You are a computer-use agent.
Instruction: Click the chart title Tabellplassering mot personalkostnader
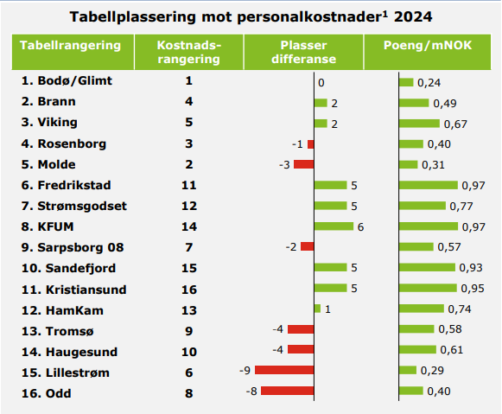(251, 16)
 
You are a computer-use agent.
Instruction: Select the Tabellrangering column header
(70, 45)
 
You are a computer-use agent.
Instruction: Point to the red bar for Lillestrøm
(284, 371)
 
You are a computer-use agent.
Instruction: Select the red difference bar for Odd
(288, 392)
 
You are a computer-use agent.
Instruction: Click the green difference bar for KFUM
(334, 226)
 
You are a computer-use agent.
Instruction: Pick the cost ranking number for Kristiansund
(189, 288)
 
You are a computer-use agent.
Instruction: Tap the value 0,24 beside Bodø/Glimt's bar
(430, 83)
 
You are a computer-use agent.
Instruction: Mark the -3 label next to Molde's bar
(283, 165)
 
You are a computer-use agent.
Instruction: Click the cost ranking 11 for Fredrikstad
(189, 185)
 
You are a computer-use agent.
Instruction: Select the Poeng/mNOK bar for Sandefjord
(426, 268)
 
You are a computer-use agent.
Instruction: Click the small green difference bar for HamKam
(317, 309)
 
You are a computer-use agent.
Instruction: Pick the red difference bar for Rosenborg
(311, 143)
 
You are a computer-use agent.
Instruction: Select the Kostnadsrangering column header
(189, 52)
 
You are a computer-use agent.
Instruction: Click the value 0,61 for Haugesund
(450, 351)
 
